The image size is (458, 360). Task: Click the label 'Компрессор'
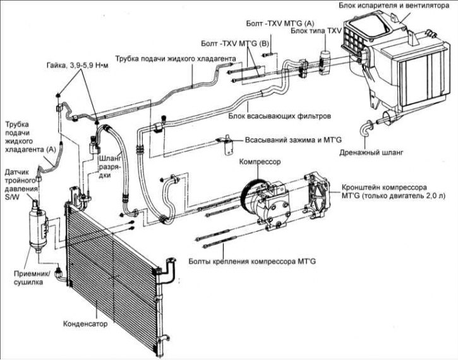[x=260, y=162]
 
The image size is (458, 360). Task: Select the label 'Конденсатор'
[x=85, y=324]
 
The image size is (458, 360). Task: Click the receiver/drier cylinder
[x=38, y=228]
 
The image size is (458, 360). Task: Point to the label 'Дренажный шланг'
[x=371, y=153]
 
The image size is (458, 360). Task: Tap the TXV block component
[x=324, y=63]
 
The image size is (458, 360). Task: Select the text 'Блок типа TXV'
[x=316, y=31]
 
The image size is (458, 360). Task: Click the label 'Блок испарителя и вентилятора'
[x=394, y=6]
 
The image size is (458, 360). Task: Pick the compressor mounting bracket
[x=316, y=196]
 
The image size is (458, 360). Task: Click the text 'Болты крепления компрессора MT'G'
[x=252, y=261]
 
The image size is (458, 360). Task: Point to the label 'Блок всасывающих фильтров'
[x=280, y=116]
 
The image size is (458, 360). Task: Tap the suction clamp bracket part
[x=227, y=145]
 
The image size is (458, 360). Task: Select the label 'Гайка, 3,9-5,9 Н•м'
[x=78, y=66]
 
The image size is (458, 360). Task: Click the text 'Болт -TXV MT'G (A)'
[x=280, y=23]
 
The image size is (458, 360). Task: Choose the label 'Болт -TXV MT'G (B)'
[x=234, y=44]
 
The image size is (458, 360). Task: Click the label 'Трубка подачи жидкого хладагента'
[x=176, y=58]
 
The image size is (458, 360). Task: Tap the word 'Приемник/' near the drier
[x=32, y=274]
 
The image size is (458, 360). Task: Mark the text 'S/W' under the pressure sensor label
[x=12, y=197]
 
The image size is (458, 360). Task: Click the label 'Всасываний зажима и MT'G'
[x=293, y=140]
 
